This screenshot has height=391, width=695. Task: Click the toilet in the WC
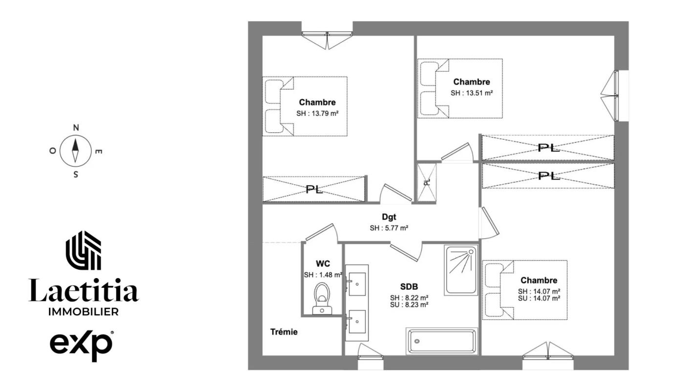click(x=322, y=299)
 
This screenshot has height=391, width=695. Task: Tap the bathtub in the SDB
click(x=442, y=341)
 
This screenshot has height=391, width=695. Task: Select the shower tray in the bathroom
click(x=461, y=270)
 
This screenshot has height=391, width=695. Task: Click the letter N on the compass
click(x=76, y=128)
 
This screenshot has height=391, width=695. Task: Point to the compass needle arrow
click(x=75, y=151)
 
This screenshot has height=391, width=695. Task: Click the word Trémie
click(x=284, y=332)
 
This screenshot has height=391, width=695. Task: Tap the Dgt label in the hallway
click(x=389, y=217)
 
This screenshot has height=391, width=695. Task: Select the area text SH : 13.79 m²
click(x=317, y=113)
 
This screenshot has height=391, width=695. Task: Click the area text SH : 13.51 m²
click(x=472, y=93)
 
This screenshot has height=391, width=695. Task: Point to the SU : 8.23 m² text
click(x=409, y=304)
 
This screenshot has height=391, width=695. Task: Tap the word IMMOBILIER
click(x=84, y=311)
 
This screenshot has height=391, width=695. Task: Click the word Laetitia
click(x=84, y=290)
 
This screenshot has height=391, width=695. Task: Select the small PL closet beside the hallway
click(x=427, y=183)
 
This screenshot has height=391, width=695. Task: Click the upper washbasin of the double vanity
click(x=357, y=284)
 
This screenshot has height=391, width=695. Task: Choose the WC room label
click(x=323, y=264)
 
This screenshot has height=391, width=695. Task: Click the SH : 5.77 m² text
click(x=389, y=228)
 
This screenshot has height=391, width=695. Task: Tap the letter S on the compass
click(x=76, y=174)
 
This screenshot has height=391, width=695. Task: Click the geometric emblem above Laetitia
click(x=84, y=250)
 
